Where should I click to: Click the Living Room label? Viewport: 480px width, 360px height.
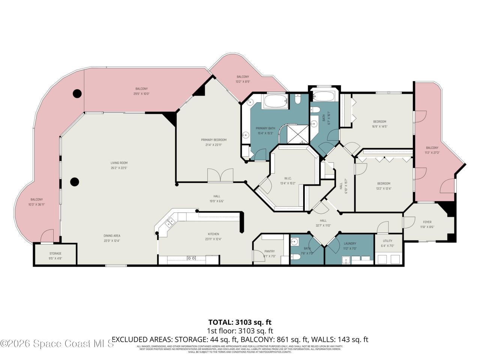pyautogui.click(x=119, y=163)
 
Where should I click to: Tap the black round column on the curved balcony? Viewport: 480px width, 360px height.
pyautogui.click(x=77, y=93)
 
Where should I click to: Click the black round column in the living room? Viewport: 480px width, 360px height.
pyautogui.click(x=75, y=182)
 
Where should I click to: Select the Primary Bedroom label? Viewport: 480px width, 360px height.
pyautogui.click(x=213, y=140)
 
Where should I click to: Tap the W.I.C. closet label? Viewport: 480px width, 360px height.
pyautogui.click(x=288, y=178)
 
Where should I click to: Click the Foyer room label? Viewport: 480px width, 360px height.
pyautogui.click(x=427, y=222)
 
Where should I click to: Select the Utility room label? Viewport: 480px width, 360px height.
pyautogui.click(x=387, y=241)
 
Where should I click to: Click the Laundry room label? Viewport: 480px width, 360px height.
pyautogui.click(x=349, y=243)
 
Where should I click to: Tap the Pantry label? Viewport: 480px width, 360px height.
pyautogui.click(x=269, y=251)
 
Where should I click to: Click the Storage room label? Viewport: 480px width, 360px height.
pyautogui.click(x=55, y=253)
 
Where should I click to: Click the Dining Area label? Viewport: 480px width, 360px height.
pyautogui.click(x=112, y=236)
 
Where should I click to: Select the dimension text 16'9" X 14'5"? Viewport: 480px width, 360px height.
pyautogui.click(x=379, y=126)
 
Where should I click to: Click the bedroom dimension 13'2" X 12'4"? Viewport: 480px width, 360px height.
pyautogui.click(x=384, y=188)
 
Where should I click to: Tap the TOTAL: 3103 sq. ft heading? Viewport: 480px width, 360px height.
pyautogui.click(x=240, y=322)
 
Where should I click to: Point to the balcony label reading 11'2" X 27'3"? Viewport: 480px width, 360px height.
pyautogui.click(x=432, y=153)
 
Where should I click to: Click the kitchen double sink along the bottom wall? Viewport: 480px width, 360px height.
pyautogui.click(x=191, y=258)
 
